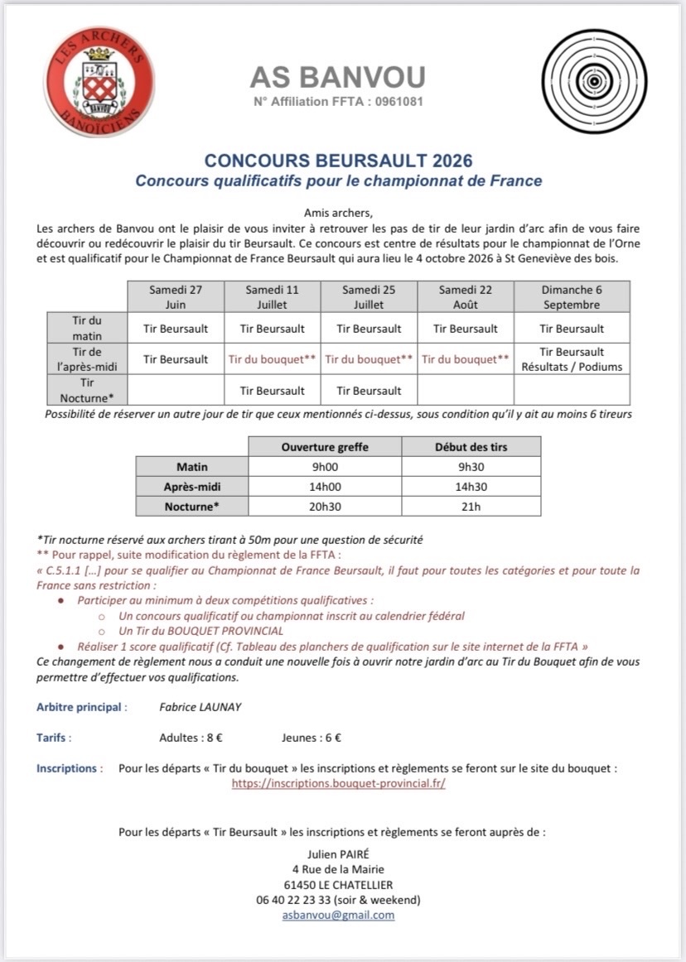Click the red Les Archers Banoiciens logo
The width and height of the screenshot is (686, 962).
(99, 81)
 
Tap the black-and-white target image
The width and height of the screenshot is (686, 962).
(593, 80)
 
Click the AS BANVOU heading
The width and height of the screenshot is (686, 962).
(338, 77)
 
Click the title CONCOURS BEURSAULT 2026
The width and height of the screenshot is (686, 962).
(339, 160)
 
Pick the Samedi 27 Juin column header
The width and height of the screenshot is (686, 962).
(175, 296)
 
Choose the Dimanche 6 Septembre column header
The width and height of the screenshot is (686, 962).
(572, 296)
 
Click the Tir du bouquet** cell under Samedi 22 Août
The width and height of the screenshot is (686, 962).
(465, 359)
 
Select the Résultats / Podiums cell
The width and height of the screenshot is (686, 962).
(572, 367)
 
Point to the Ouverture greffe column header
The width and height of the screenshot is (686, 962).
(324, 447)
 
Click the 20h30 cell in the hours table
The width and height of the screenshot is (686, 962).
(324, 507)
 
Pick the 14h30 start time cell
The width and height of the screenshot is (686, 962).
(471, 487)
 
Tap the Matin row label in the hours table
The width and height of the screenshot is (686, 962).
(192, 467)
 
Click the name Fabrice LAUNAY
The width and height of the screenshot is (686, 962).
(200, 707)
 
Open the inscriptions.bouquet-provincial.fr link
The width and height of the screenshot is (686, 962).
(338, 783)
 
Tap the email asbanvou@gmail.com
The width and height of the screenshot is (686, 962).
(338, 915)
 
